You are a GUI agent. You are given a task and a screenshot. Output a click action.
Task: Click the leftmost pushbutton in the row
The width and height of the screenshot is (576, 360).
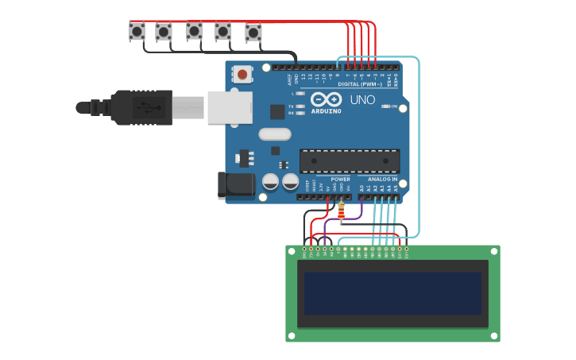(x=137, y=31)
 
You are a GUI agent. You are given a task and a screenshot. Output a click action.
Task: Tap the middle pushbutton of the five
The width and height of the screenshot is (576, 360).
(x=194, y=30)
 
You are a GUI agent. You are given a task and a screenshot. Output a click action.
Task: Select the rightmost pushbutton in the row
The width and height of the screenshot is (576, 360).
(x=253, y=33)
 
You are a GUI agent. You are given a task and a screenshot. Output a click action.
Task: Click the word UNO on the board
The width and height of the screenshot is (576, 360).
(x=362, y=100)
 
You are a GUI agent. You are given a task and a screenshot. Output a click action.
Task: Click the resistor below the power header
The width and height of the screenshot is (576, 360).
(x=342, y=211)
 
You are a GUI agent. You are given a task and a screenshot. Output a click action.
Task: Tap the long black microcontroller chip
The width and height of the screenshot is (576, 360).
(x=350, y=161)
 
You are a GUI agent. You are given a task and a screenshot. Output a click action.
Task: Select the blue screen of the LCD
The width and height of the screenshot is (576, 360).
(x=392, y=293)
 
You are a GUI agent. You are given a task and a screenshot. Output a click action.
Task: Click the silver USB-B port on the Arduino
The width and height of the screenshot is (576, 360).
(x=230, y=107)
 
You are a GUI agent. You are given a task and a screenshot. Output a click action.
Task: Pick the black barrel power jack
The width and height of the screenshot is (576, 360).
(x=236, y=185)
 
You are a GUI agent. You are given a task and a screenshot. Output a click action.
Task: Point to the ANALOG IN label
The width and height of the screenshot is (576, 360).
(x=382, y=180)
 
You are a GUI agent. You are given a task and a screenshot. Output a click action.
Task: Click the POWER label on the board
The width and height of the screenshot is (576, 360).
(x=340, y=180)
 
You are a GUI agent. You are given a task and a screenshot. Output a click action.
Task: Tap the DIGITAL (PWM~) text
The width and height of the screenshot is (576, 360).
(x=360, y=83)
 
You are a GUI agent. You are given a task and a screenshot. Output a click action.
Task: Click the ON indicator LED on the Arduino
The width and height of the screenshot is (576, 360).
(x=385, y=106)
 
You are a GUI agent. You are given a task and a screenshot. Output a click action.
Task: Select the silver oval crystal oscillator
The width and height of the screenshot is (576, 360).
(x=276, y=134)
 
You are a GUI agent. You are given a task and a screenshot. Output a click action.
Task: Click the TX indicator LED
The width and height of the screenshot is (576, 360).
(x=300, y=106)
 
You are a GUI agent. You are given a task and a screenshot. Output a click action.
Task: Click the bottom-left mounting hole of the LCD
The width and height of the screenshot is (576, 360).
(x=292, y=336)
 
